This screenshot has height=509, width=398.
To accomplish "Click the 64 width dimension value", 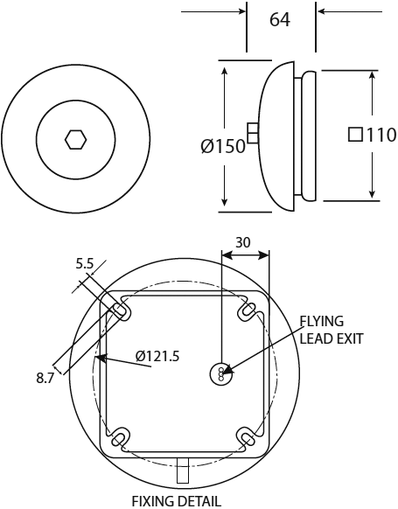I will click(x=280, y=19).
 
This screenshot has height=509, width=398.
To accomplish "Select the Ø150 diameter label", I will click(x=222, y=147).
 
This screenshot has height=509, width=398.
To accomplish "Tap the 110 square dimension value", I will click(x=381, y=136).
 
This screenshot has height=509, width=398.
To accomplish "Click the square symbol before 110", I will click(x=355, y=136).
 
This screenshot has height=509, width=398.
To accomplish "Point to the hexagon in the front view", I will click(x=74, y=138).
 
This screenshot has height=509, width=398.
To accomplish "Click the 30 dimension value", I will click(x=245, y=241).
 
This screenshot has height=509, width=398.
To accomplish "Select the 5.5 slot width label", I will click(x=85, y=261).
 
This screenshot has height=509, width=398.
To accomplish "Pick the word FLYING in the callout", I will click(x=322, y=321).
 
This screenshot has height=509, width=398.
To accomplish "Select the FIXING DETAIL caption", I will click(x=177, y=500).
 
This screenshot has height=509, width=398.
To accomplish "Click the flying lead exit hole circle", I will click(x=222, y=373).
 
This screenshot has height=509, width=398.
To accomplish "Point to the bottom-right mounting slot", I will click(x=248, y=435).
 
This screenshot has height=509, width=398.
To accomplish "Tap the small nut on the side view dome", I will click(x=253, y=132).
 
